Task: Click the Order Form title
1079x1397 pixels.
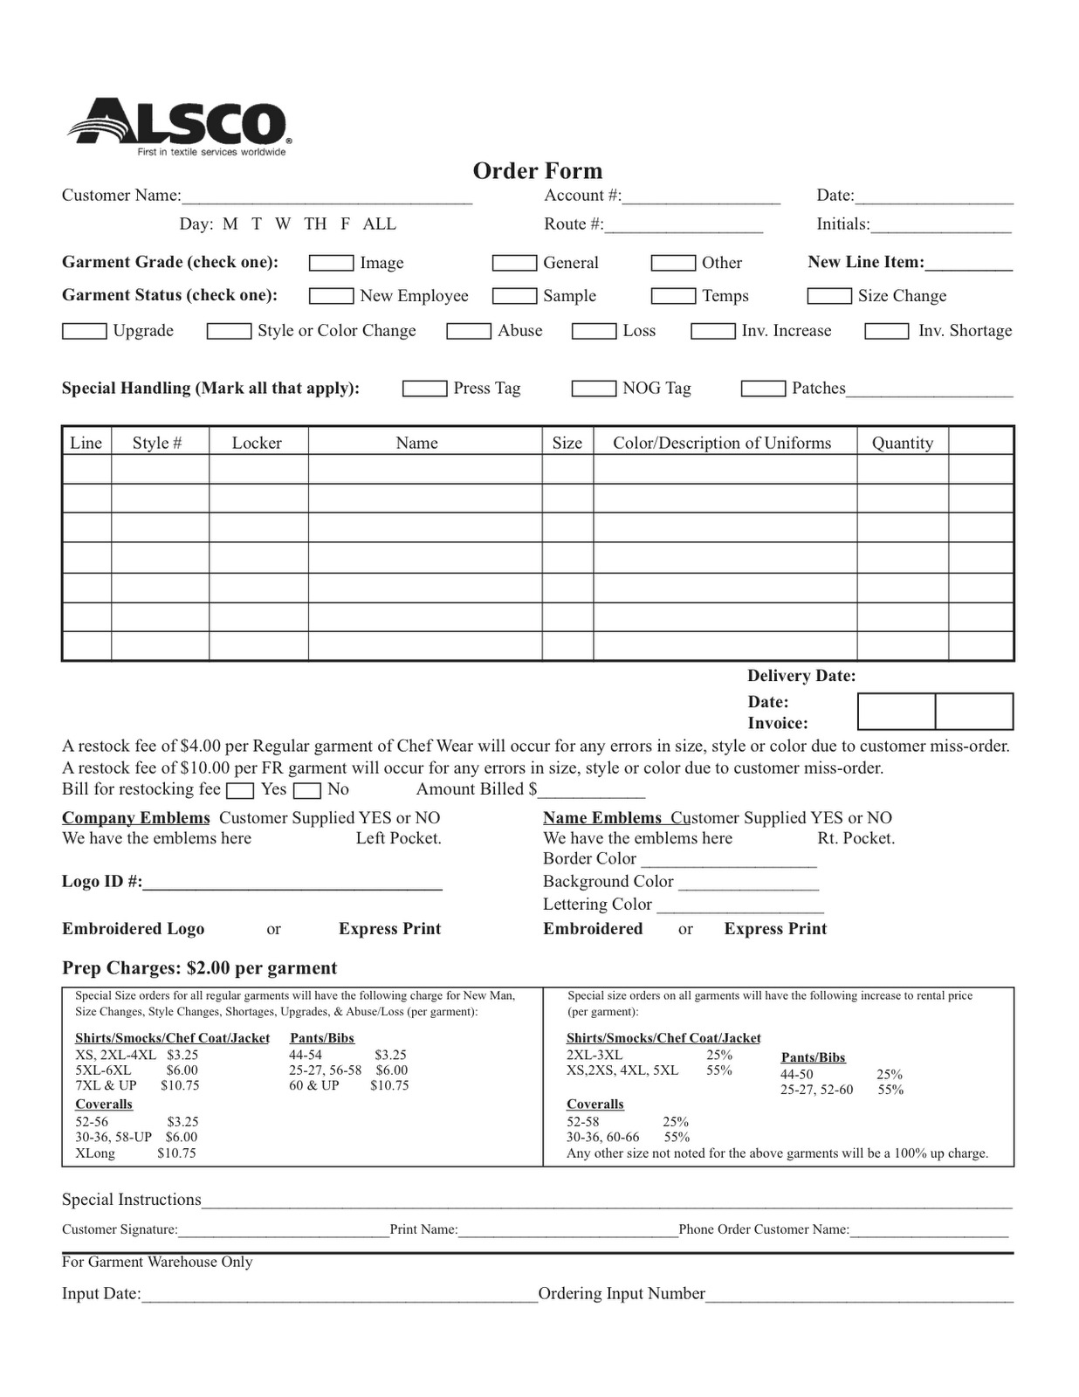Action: tap(537, 170)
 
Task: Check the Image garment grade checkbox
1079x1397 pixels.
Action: tap(331, 263)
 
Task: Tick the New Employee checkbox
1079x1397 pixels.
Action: tap(331, 296)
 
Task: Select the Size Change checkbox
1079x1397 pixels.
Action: tap(828, 296)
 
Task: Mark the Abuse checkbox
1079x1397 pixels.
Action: tap(468, 331)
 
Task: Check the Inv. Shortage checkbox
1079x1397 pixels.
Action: tap(886, 331)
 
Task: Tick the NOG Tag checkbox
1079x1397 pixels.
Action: tap(594, 389)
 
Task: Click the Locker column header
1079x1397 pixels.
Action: tap(257, 443)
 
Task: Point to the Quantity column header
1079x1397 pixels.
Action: tap(902, 443)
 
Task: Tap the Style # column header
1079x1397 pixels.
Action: tap(157, 443)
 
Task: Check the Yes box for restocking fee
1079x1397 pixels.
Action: tap(239, 791)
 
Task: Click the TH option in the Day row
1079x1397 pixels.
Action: tap(315, 224)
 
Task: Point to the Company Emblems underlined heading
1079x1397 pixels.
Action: tap(135, 818)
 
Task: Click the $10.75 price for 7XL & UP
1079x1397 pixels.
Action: tap(180, 1085)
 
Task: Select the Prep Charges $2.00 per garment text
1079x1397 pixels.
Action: tap(199, 967)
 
